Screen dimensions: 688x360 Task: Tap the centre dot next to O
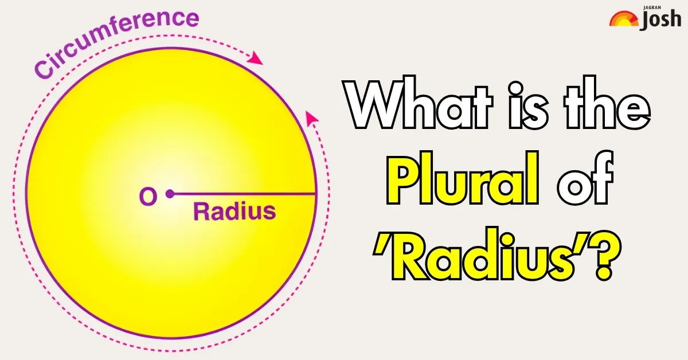pyautogui.click(x=170, y=194)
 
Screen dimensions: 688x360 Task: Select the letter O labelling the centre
pyautogui.click(x=148, y=196)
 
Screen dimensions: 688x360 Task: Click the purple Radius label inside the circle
pyautogui.click(x=234, y=212)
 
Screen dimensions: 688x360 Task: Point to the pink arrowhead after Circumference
pyautogui.click(x=255, y=58)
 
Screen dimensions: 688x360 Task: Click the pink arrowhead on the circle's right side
pyautogui.click(x=311, y=118)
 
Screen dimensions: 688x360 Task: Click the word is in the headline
pyautogui.click(x=527, y=105)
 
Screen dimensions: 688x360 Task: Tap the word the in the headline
pyautogui.click(x=607, y=103)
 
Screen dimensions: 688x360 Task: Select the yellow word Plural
pyautogui.click(x=463, y=178)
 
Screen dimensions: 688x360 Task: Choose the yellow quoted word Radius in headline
pyautogui.click(x=498, y=254)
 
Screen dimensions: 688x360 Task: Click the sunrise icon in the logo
pyautogui.click(x=624, y=19)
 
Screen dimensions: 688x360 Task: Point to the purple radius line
pyautogui.click(x=243, y=194)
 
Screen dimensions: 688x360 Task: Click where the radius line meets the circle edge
pyautogui.click(x=315, y=194)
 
